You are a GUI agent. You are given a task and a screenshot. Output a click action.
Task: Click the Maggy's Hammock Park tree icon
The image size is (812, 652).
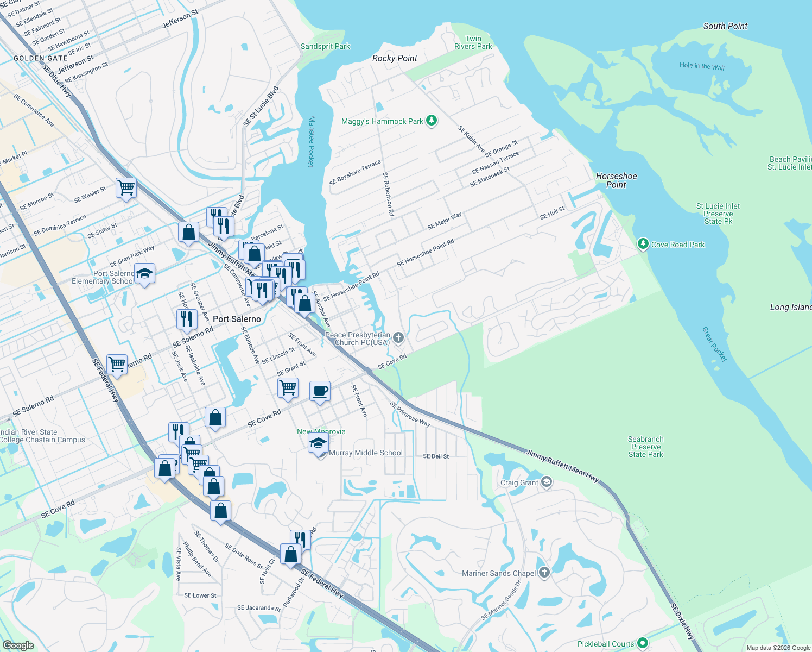432,120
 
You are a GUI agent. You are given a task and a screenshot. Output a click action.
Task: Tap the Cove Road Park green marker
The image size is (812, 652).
643,244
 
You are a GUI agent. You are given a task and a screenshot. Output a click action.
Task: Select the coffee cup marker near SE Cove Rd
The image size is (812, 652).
320,391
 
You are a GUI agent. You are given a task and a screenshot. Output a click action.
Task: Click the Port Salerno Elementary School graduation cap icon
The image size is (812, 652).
144,274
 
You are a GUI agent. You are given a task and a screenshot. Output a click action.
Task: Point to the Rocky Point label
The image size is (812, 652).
395,58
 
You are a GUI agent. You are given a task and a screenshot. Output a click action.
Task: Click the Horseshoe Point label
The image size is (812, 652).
616,180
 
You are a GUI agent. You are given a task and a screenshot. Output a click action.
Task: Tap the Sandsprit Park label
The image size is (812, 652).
325,47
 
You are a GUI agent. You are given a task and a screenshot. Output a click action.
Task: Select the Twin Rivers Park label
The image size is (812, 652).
473,42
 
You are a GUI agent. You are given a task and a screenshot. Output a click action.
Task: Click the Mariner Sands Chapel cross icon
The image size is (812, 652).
544,572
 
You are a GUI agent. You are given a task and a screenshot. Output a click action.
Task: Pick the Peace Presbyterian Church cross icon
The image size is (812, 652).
398,338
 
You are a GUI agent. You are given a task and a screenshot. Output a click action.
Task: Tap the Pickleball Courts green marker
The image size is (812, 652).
643,643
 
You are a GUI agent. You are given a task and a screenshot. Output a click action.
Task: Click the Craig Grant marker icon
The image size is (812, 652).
547,482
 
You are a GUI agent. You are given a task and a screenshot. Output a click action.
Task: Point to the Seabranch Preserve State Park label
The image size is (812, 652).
645,447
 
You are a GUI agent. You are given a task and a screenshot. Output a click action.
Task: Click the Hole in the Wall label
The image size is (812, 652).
702,66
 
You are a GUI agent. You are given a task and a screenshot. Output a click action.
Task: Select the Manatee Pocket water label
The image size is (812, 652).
312,141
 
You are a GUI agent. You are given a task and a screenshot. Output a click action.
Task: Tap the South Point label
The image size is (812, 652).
725,26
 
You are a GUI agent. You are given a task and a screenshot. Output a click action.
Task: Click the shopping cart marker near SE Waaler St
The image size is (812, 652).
126,188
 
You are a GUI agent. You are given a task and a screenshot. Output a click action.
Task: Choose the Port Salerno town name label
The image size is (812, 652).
237,319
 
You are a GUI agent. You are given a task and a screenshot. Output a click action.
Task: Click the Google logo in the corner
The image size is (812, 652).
18,645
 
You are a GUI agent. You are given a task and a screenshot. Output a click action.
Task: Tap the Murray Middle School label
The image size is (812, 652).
366,453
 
